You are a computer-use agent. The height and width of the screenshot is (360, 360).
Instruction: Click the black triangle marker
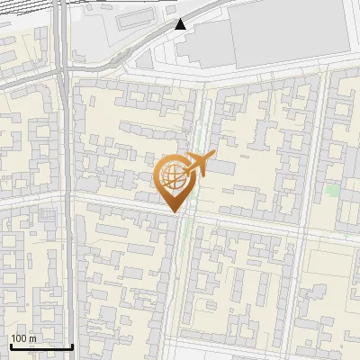pyautogui.click(x=182, y=24)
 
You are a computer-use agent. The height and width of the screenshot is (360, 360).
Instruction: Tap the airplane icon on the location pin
pyautogui.click(x=196, y=166)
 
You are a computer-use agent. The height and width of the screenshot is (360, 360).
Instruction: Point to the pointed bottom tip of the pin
pyautogui.click(x=173, y=212)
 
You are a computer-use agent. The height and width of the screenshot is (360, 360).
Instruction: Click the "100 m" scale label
pyautogui.click(x=24, y=338)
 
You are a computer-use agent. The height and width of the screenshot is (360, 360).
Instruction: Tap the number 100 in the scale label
pyautogui.click(x=20, y=338)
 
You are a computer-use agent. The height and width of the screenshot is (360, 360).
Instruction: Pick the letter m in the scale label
pyautogui.click(x=32, y=338)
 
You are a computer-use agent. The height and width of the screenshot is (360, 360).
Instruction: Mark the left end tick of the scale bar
pyautogui.click(x=10, y=346)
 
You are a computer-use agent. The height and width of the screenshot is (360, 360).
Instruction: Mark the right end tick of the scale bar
pyautogui.click(x=73, y=346)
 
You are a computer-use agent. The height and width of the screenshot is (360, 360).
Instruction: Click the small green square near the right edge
pyautogui.click(x=334, y=191)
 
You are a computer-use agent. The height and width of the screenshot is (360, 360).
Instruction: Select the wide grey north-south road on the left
pyautogui.click(x=65, y=225)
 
